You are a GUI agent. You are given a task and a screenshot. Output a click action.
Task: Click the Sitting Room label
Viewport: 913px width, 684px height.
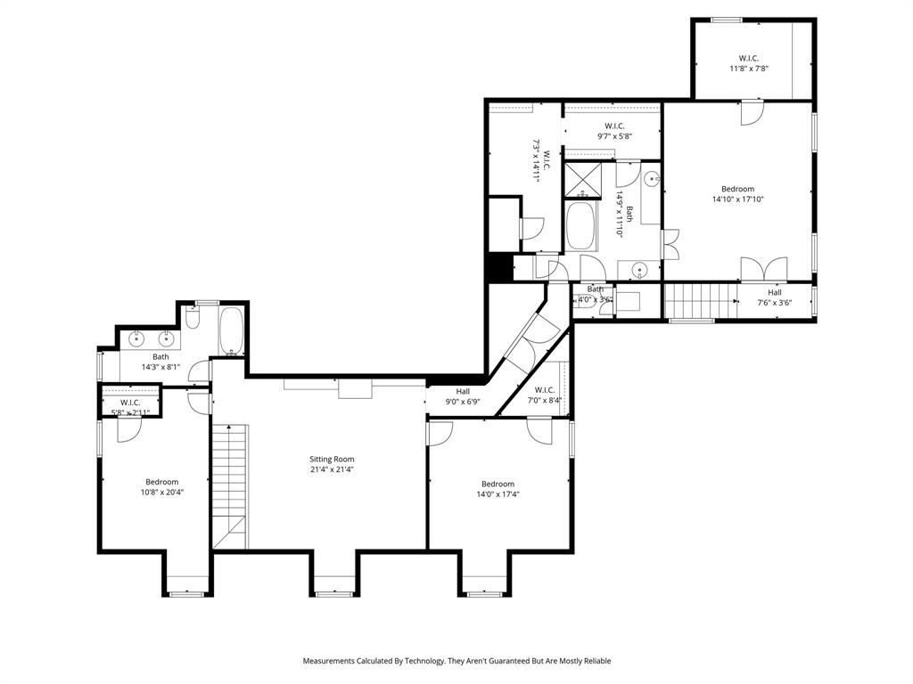[x=331, y=459]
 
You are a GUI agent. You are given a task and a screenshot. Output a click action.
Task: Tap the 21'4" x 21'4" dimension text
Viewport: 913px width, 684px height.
[x=331, y=470]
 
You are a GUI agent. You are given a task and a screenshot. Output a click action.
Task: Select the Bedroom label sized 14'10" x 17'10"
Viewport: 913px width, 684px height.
[x=737, y=189]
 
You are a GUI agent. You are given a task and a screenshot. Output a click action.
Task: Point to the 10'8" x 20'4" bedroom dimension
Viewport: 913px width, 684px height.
[x=161, y=493]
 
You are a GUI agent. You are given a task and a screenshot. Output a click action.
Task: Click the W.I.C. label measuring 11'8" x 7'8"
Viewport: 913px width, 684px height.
[x=748, y=58]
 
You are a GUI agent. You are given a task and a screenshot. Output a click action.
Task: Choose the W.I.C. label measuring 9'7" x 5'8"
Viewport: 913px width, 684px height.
[x=613, y=126]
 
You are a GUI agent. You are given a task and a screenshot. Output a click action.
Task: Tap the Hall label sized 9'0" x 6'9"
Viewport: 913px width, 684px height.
[x=463, y=391]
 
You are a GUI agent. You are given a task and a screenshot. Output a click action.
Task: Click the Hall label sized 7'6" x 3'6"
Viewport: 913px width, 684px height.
[x=774, y=292]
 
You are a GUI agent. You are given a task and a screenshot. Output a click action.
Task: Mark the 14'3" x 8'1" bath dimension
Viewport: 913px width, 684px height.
[x=160, y=367]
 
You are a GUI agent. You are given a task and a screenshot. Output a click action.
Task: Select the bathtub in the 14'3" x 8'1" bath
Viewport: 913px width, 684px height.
[x=232, y=332]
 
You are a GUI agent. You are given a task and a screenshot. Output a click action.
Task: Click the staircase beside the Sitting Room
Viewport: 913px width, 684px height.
[x=230, y=485]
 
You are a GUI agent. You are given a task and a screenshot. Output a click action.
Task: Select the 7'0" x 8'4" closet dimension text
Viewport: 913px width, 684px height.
[x=545, y=401]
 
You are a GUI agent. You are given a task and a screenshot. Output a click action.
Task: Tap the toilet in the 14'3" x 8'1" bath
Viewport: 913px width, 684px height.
[x=193, y=321]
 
